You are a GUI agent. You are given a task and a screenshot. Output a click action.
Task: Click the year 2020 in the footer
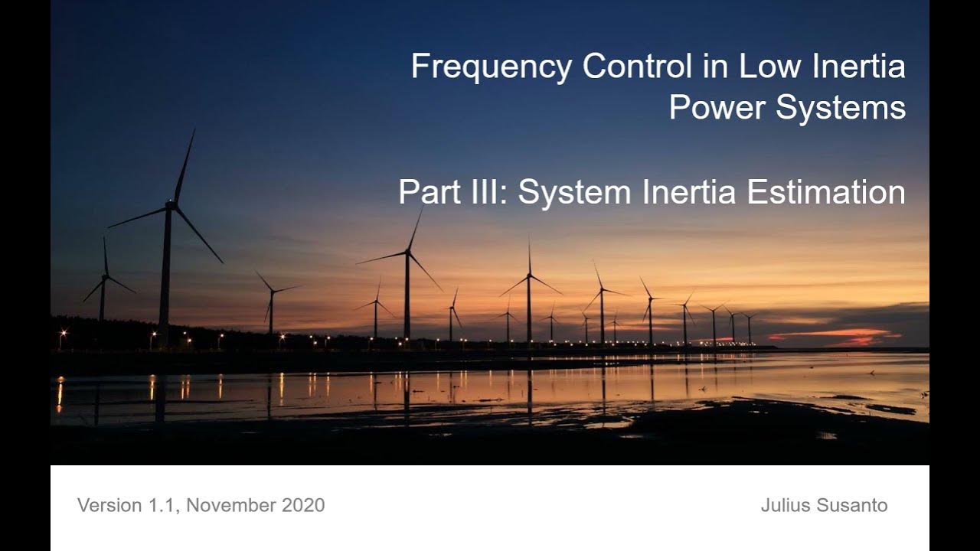(303, 505)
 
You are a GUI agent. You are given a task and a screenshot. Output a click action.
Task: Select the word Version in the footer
(109, 505)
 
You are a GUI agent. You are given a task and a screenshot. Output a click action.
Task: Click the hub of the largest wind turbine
(171, 205)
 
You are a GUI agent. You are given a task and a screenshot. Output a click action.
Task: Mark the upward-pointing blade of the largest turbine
(184, 165)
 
